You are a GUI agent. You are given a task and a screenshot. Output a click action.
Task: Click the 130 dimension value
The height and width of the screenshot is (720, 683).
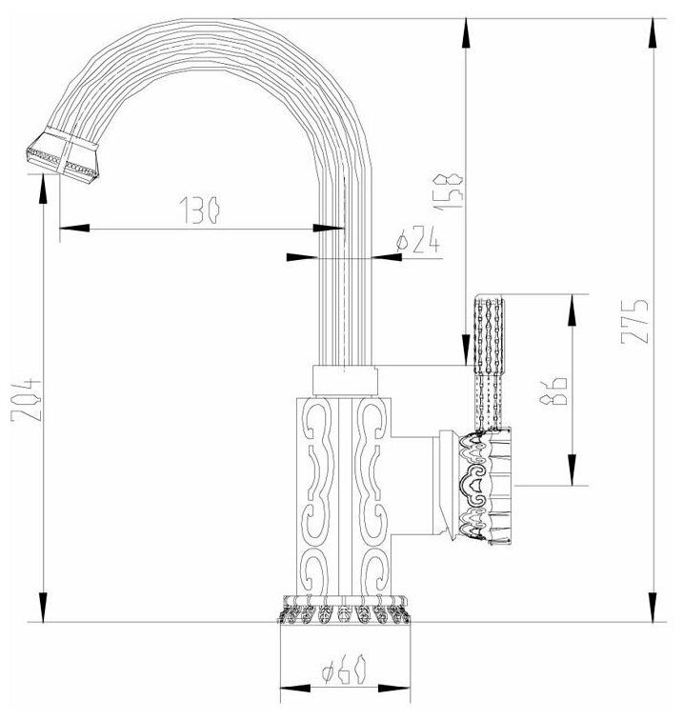200,210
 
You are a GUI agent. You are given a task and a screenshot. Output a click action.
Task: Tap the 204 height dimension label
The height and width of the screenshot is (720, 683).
26,399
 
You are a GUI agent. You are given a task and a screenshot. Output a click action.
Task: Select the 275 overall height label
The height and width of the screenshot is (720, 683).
634,322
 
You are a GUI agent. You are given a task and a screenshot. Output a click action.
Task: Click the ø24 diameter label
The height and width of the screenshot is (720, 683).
418,239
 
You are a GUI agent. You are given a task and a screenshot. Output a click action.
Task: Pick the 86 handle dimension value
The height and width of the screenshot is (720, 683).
553,391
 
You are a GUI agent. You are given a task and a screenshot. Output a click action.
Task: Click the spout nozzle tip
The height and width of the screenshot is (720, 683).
62,155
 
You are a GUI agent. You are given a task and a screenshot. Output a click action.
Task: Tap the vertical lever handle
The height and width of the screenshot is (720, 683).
489,363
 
